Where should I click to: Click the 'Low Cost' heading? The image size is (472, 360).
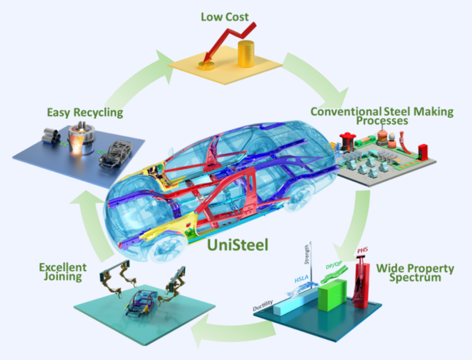coord(225,18)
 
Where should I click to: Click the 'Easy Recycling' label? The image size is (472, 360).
coord(85,112)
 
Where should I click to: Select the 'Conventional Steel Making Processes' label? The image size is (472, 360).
coord(382,116)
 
